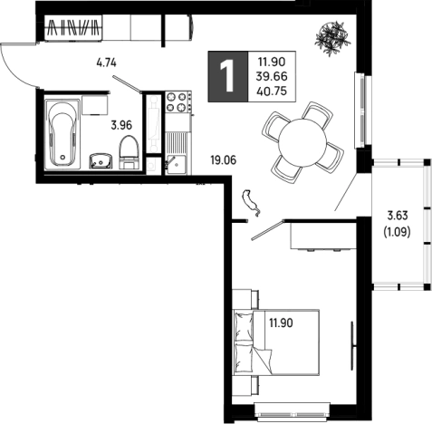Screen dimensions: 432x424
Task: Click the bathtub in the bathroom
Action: (62, 132)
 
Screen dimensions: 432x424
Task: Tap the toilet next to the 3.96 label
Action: (129, 152)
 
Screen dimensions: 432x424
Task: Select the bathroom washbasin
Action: (101, 160)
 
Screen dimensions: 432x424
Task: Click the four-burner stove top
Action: (177, 102)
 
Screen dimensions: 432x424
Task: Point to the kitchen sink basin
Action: (177, 164)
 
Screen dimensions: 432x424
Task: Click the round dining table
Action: (302, 142)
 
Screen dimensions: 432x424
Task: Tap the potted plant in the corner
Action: (332, 38)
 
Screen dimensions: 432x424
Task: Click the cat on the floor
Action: (251, 203)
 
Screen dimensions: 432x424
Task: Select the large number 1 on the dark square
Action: (227, 76)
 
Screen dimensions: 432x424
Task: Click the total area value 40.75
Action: (272, 91)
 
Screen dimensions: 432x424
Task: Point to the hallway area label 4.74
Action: (106, 63)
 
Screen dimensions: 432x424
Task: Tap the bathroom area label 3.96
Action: (121, 125)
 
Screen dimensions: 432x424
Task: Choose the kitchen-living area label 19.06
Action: (224, 160)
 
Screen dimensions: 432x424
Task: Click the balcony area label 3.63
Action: (398, 216)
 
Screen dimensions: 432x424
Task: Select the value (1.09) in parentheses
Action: (397, 232)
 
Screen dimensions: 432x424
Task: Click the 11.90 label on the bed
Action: (281, 323)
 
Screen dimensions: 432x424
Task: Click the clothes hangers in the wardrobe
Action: (73, 27)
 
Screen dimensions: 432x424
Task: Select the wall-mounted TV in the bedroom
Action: (352, 346)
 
